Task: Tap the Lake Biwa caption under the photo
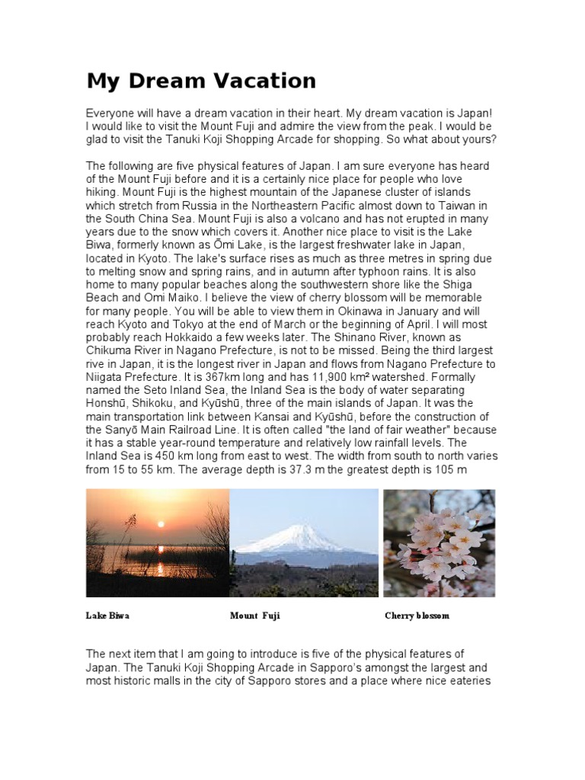[x=107, y=615]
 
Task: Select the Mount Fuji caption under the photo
[x=255, y=615]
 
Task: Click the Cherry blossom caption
[x=417, y=615]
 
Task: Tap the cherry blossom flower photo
[x=439, y=542]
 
